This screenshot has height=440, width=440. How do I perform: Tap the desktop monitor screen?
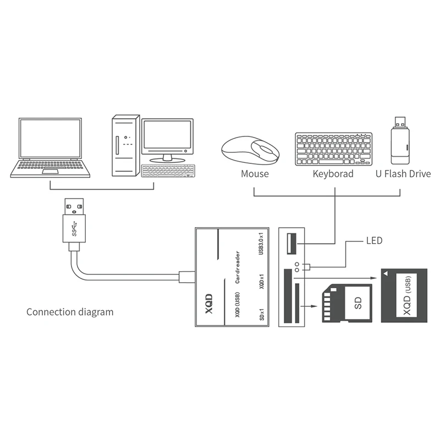[x=167, y=136]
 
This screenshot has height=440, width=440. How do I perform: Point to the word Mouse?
[x=255, y=174]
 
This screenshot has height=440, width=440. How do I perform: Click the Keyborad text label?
[x=333, y=174]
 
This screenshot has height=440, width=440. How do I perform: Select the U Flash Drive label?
[x=403, y=174]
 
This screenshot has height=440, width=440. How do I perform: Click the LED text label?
[x=374, y=241]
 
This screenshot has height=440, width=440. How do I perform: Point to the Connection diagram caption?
[x=70, y=312]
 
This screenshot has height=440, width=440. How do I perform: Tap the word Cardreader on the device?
[x=237, y=268]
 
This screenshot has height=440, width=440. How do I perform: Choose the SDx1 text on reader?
[x=261, y=315]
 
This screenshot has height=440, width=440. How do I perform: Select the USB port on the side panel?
[x=290, y=242]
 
